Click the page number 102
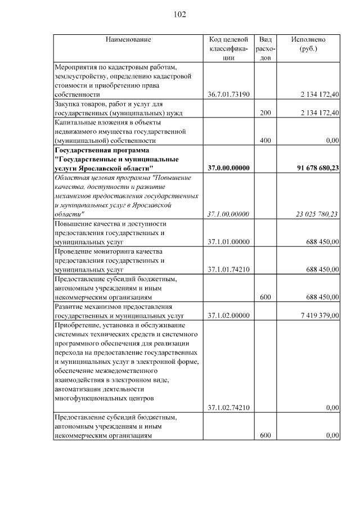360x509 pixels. click(180, 15)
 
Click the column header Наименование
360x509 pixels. click(128, 40)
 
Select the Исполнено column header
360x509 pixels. click(308, 40)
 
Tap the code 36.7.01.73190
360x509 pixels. click(228, 94)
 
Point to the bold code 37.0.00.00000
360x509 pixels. click(228, 168)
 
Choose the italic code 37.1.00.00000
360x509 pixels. click(228, 214)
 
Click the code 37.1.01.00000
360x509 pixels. click(228, 241)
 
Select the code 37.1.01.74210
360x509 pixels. click(228, 269)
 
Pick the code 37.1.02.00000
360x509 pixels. click(228, 316)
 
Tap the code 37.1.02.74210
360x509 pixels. click(228, 407)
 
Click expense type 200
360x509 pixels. click(265, 113)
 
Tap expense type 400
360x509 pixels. click(265, 141)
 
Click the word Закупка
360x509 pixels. click(67, 104)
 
